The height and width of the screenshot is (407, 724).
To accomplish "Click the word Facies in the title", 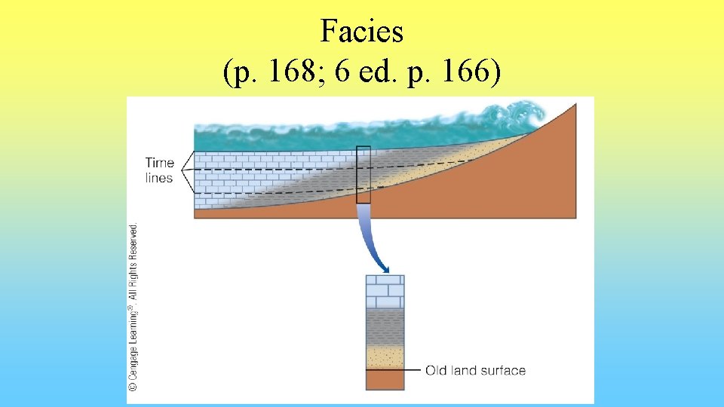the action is coord(362,32).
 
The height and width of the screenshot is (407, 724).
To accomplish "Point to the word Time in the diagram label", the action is coord(159,163).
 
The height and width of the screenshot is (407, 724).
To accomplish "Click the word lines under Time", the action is coord(159,179).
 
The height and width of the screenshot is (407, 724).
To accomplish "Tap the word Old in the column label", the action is coord(436,370).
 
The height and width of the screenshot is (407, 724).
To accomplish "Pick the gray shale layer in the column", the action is coord(385,326).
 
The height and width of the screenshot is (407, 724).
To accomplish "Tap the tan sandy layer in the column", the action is coord(385,357).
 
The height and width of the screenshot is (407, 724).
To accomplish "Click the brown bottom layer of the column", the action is coord(385,380).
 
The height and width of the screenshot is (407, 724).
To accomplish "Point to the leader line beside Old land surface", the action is coord(412,370).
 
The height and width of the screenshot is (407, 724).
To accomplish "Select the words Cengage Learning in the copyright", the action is coord(133,354).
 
